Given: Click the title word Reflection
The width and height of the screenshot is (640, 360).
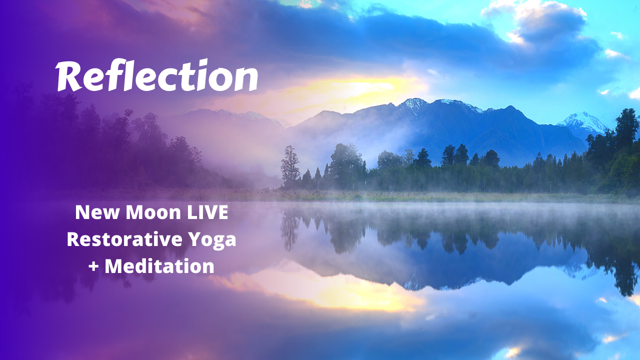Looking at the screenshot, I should pyautogui.click(x=157, y=76).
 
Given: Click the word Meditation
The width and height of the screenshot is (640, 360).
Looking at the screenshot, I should pyautogui.click(x=159, y=266).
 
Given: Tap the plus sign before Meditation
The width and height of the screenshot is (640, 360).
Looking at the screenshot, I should pyautogui.click(x=93, y=266).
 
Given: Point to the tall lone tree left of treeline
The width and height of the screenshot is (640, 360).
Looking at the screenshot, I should pyautogui.click(x=290, y=165).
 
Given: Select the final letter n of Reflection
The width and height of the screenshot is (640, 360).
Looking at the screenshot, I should pyautogui.click(x=247, y=79).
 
